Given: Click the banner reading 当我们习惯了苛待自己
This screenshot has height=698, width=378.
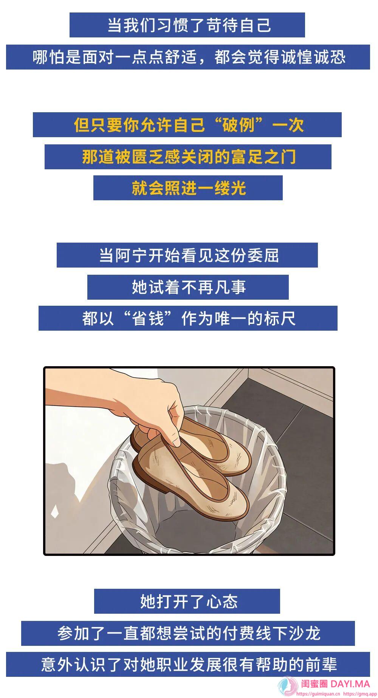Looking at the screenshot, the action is point(187,25).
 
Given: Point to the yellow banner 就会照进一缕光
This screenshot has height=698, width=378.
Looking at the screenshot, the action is point(188,188).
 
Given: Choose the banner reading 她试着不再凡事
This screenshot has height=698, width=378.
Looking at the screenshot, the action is point(188,287).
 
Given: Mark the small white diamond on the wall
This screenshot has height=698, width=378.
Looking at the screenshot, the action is point(55,512).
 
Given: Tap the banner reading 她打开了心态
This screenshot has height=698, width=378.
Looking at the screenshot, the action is point(187,601).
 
